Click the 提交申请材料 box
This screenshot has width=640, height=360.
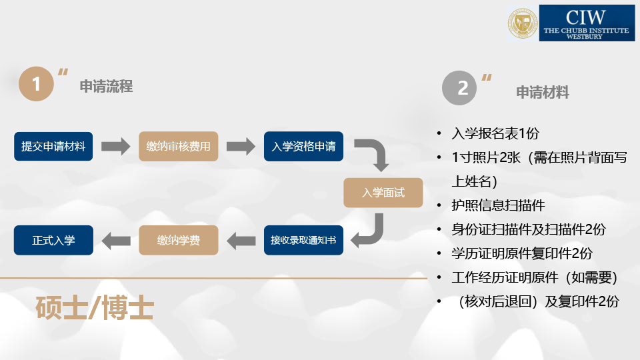click(x=53, y=147)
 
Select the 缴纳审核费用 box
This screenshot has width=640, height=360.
click(x=178, y=147)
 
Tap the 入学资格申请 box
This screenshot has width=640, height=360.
click(x=303, y=147)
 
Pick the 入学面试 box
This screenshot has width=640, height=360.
click(x=383, y=193)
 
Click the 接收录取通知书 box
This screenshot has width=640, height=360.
click(x=303, y=240)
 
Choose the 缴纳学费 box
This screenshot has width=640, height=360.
click(x=178, y=240)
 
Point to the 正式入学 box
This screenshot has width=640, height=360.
click(x=53, y=240)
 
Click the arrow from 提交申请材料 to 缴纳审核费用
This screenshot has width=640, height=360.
click(x=115, y=147)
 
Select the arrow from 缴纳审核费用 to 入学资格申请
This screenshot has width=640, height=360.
click(x=241, y=147)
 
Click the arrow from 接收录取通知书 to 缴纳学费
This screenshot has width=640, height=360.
click(x=241, y=240)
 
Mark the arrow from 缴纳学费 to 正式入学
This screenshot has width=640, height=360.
click(x=115, y=240)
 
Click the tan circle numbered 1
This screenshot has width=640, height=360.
click(x=35, y=84)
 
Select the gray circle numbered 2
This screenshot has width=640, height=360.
click(x=460, y=88)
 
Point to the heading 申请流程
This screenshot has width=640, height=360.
click(x=106, y=87)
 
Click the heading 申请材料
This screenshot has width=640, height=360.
click(x=543, y=93)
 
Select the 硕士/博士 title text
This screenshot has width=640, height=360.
click(x=95, y=309)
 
